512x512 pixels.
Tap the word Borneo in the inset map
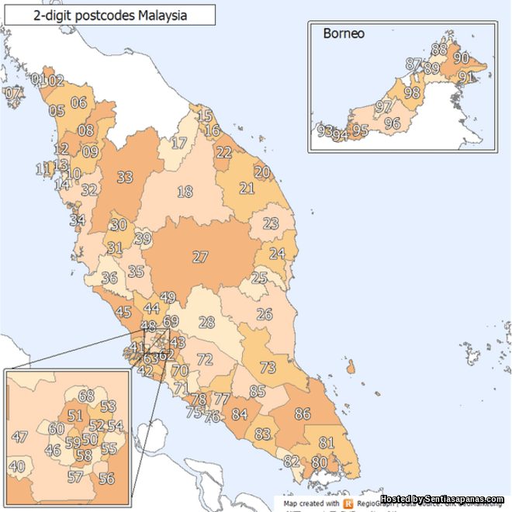344,34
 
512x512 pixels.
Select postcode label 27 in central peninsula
201,257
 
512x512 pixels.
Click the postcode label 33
125,177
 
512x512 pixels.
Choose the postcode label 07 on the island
12,93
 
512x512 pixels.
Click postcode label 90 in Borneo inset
461,57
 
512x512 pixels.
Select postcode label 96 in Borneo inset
392,123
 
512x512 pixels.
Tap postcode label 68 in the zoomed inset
86,396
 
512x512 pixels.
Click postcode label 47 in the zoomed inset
21,437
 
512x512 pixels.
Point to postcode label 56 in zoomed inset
107,478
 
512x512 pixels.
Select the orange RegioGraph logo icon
349,503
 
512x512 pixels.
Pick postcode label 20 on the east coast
262,171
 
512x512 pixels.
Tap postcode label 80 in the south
319,462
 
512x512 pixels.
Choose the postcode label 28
206,322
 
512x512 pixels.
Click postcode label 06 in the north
78,102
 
